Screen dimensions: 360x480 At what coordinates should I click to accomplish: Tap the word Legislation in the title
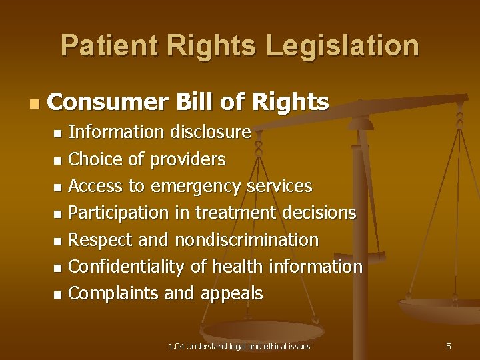coord(343,45)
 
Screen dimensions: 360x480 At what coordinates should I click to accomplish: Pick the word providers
coord(188,159)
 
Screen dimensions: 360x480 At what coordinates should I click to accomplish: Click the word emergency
coord(195,186)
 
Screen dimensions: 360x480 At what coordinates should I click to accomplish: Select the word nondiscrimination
coord(247,239)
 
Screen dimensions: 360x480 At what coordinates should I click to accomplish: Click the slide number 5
coord(449,346)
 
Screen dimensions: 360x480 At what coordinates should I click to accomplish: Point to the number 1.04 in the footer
coord(176,346)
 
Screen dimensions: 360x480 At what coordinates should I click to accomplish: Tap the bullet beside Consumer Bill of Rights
coord(34,104)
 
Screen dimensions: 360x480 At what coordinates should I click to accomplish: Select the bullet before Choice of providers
coord(59,161)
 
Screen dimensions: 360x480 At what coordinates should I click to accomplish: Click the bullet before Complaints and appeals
coord(59,294)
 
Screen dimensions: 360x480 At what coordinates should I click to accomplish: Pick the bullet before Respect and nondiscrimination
coord(59,241)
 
